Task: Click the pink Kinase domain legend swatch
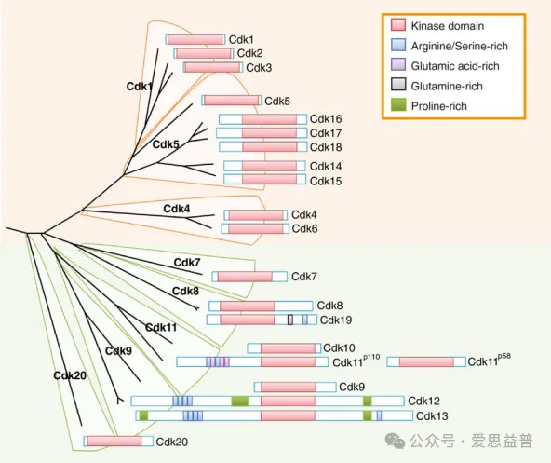[398, 25]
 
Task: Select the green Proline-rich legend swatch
[398, 105]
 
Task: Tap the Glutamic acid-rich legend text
[455, 66]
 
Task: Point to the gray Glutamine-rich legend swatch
[398, 85]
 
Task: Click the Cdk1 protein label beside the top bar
[241, 39]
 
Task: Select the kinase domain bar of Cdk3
[212, 67]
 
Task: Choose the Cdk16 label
[326, 119]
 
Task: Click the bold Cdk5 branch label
[166, 144]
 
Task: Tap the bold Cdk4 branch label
[177, 209]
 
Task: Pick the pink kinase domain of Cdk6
[255, 228]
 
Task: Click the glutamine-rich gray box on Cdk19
[290, 320]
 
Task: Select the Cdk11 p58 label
[490, 361]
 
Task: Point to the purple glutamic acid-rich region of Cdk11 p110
[218, 361]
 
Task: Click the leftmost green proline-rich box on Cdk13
[143, 415]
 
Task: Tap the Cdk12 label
[423, 401]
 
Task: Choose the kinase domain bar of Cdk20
[114, 442]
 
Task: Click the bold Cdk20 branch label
[70, 375]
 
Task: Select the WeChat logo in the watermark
[395, 441]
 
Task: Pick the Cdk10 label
[339, 348]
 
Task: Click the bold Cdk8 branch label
[185, 291]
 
